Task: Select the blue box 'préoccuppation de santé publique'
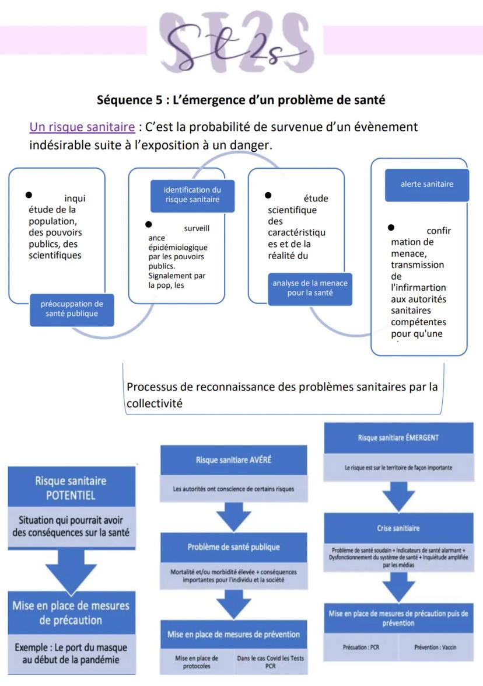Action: click(72, 308)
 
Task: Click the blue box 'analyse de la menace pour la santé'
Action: click(310, 288)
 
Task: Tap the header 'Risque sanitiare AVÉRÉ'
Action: click(233, 459)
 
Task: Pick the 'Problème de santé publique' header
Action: click(233, 546)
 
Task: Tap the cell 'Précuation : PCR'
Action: click(363, 647)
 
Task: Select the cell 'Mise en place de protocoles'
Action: click(197, 661)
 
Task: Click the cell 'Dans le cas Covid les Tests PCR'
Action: click(270, 661)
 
